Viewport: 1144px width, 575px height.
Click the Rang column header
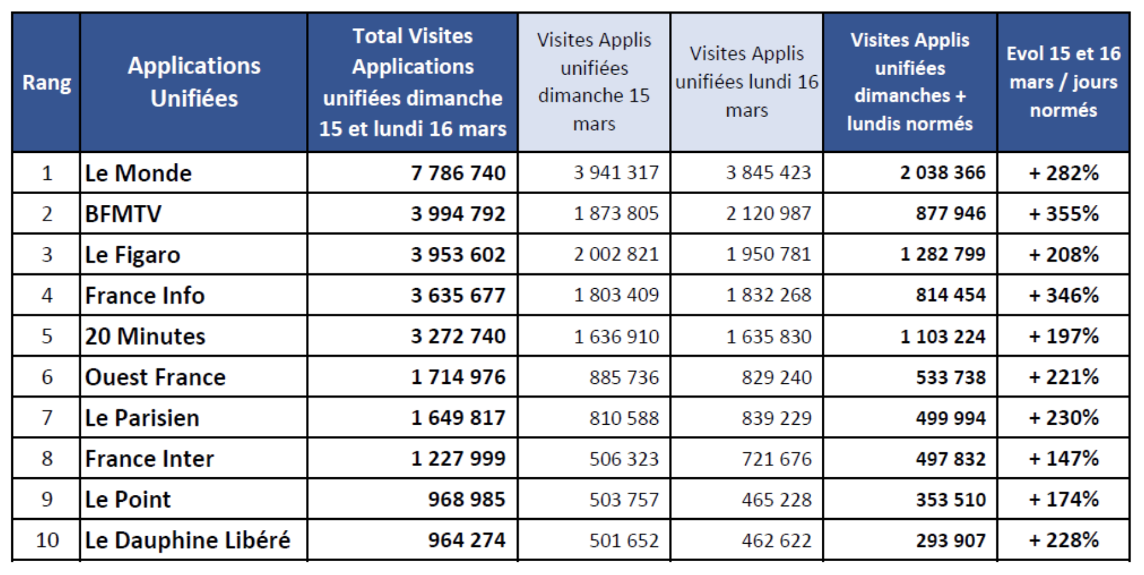coord(46,83)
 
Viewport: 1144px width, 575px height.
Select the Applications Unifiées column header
coord(194,82)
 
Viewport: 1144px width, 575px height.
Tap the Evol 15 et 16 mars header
coord(1063,82)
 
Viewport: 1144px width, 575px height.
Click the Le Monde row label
coord(138,173)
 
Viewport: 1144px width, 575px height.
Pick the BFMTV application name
coord(123,214)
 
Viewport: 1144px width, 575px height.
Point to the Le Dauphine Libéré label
coord(188,540)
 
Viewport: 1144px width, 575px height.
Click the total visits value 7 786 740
coord(458,173)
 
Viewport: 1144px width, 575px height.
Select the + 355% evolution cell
coord(1064,214)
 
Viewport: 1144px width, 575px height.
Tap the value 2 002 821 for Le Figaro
coord(616,254)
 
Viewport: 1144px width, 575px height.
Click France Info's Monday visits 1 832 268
coord(769,295)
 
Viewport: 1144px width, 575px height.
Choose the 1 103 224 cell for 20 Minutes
coord(942,336)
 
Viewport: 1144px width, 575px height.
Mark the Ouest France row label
coord(155,377)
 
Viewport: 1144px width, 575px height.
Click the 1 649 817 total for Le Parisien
coord(458,418)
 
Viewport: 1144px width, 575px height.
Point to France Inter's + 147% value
coord(1064,458)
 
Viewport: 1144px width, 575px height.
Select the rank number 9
coord(47,499)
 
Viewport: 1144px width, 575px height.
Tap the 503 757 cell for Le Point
coord(624,499)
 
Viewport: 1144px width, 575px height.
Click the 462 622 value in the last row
coord(777,540)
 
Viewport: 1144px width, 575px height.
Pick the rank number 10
coord(47,540)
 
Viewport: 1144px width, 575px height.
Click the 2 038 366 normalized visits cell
coord(942,173)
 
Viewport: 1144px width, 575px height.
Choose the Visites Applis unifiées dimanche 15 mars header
coord(594,82)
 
